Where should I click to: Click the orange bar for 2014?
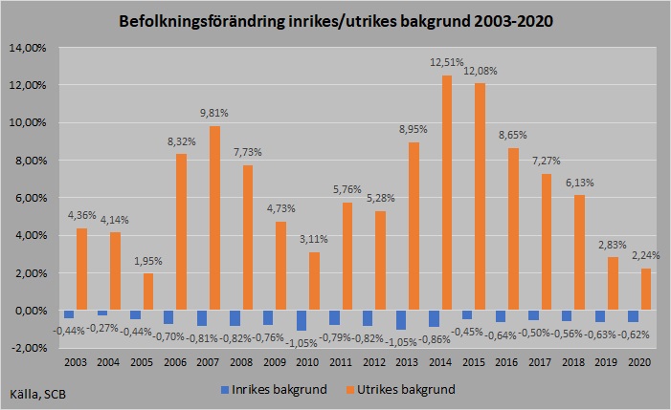(447, 192)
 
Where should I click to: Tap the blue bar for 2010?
(302, 320)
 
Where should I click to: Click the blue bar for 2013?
(400, 320)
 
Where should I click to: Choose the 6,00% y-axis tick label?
(29, 198)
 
